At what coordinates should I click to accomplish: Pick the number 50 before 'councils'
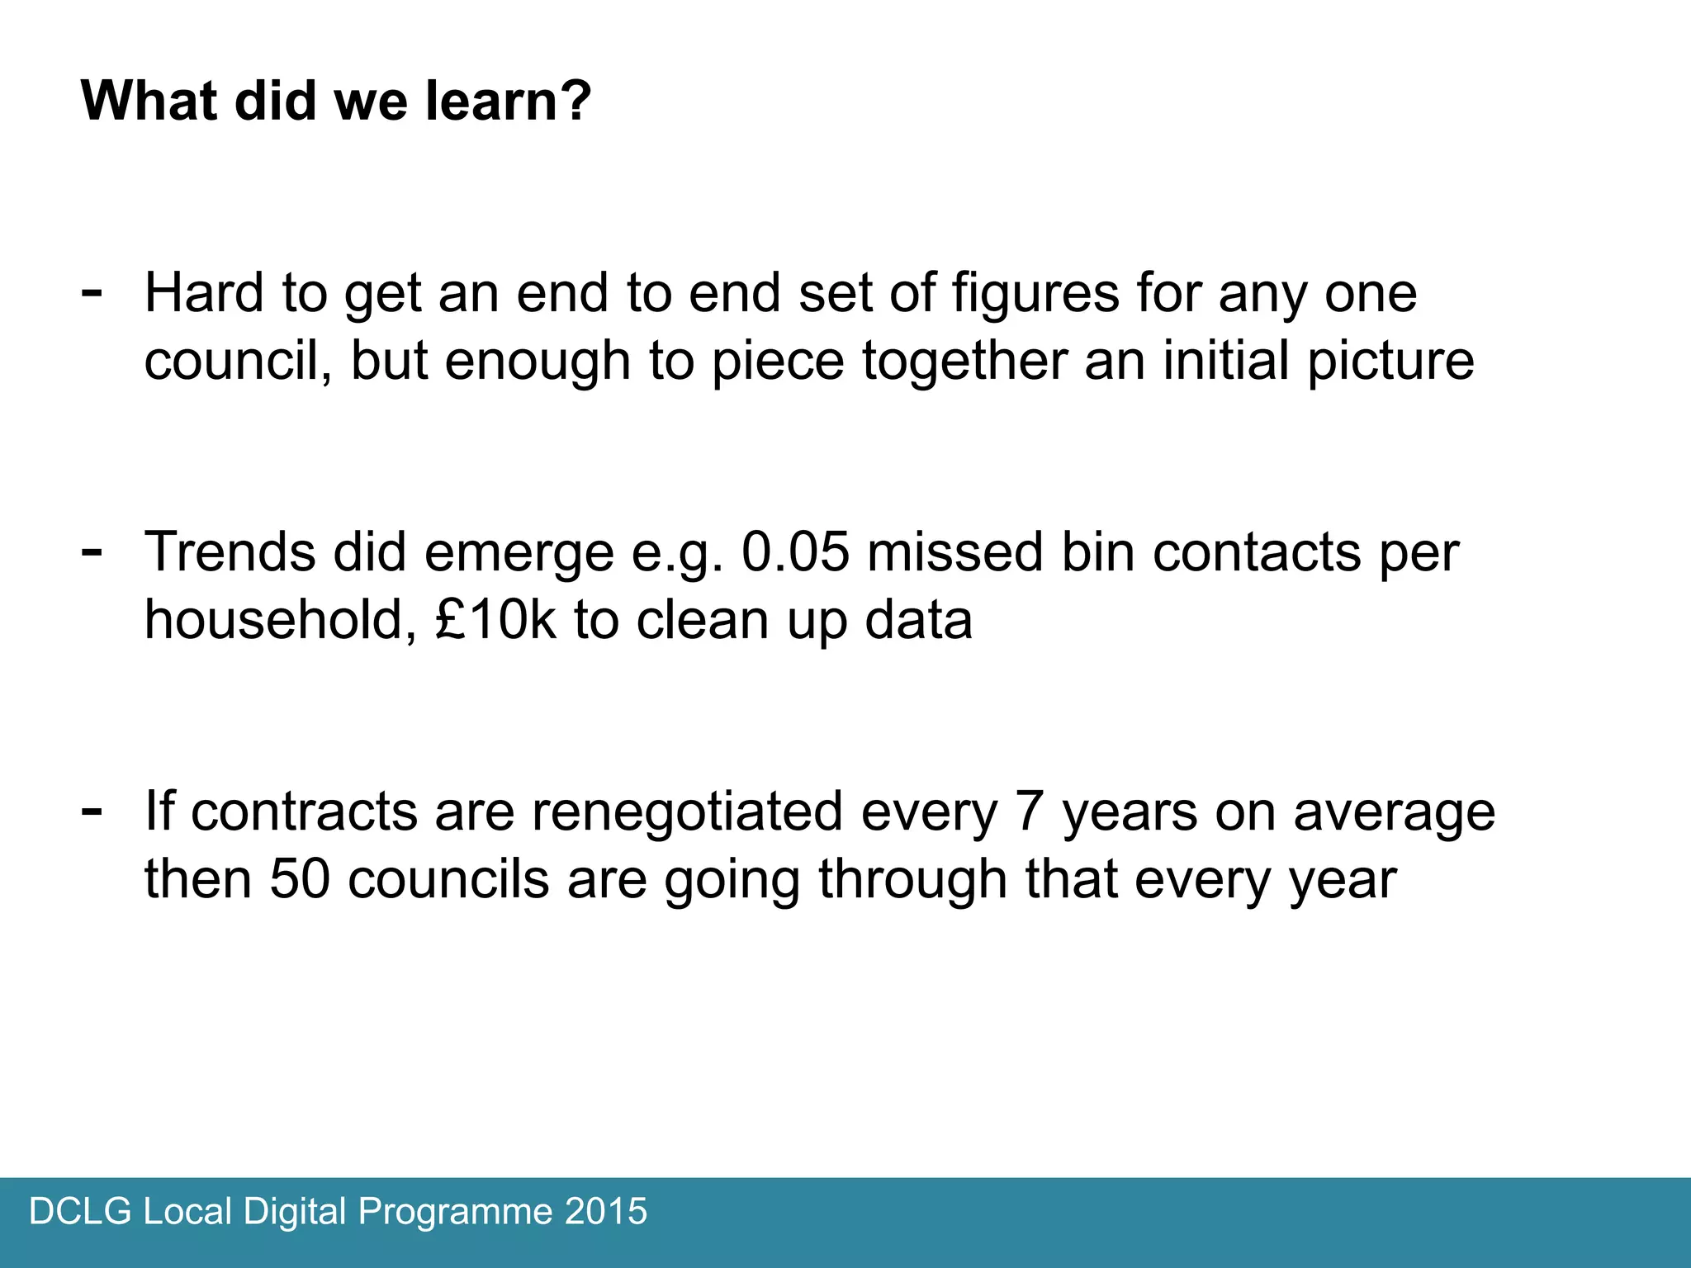point(300,878)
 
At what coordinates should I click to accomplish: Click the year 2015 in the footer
point(606,1212)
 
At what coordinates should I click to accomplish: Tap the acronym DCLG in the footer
point(80,1212)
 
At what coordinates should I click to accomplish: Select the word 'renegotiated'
point(687,812)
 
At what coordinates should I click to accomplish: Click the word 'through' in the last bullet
point(912,880)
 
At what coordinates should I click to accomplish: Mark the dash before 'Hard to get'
point(92,291)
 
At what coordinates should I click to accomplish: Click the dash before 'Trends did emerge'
point(92,550)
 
